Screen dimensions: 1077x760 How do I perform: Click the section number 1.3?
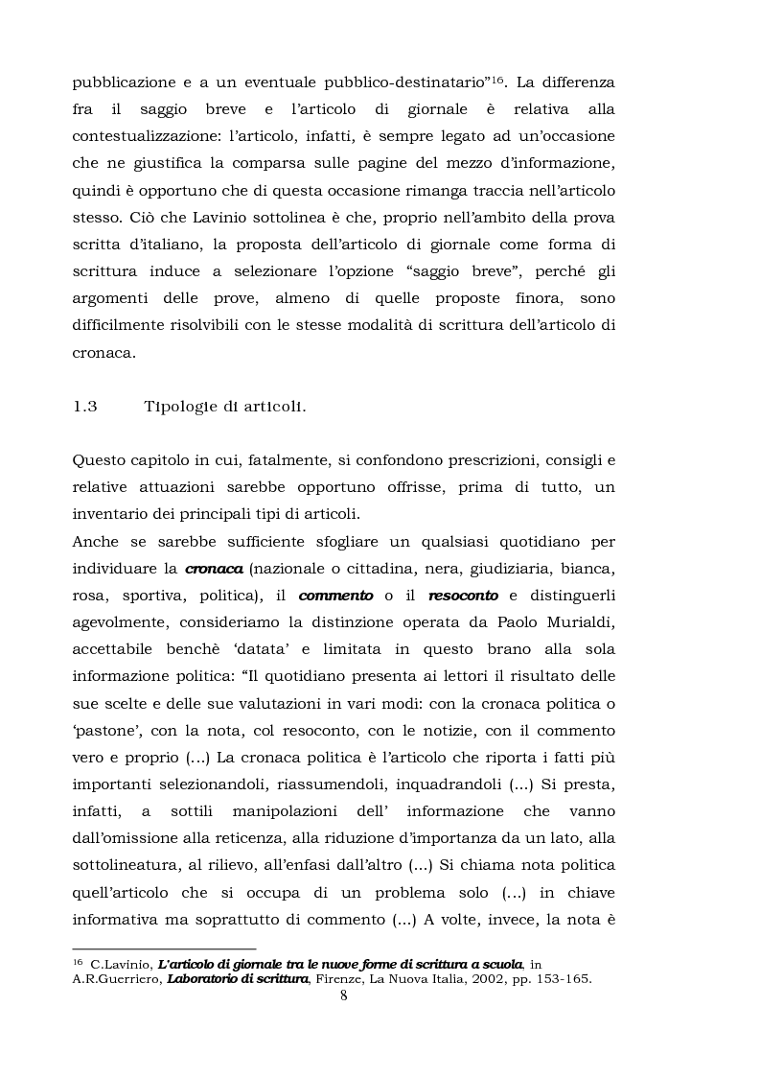[85, 406]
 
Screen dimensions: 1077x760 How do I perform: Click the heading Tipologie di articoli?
[224, 406]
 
